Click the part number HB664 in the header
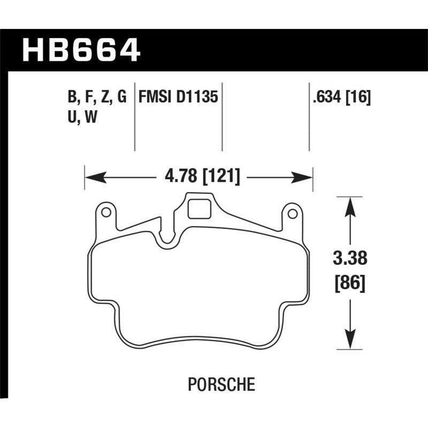80,51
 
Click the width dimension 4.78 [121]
198,176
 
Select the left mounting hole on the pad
106,213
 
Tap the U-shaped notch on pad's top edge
170,235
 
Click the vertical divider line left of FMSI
134,118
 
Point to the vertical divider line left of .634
309,118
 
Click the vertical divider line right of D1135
222,118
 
